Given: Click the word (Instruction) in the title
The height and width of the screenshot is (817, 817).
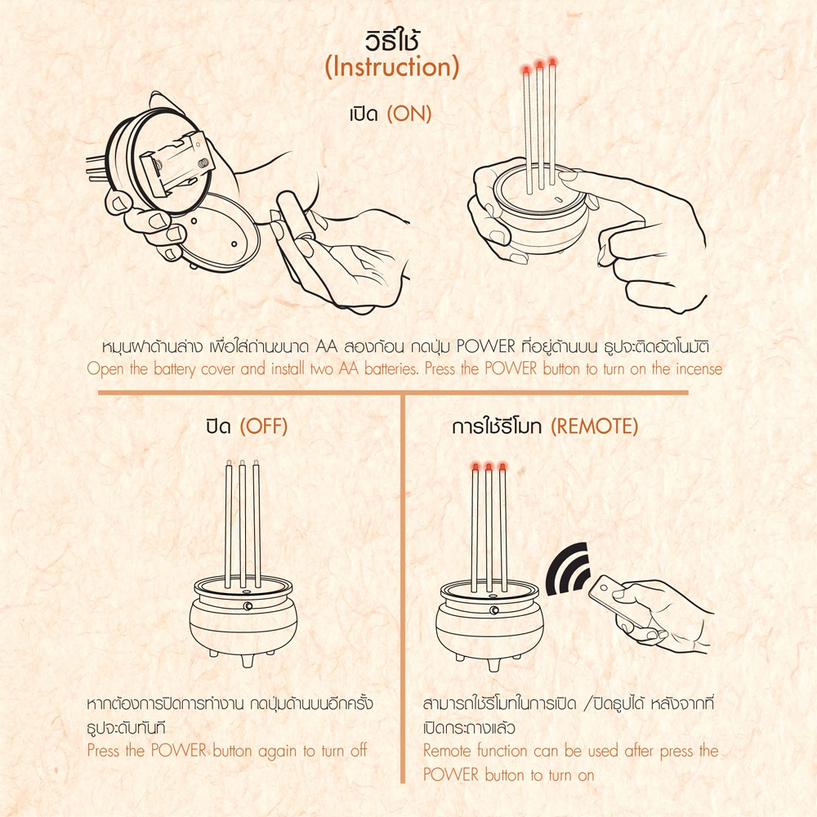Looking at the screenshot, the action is tap(392, 67).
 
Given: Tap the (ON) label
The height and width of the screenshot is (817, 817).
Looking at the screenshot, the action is tap(409, 114).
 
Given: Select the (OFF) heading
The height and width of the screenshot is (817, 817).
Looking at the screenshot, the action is tap(264, 426).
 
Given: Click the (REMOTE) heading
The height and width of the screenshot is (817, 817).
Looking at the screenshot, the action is tap(595, 426).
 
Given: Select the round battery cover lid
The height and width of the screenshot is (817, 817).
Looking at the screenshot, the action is tap(219, 233).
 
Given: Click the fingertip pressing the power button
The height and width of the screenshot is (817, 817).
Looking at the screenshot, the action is tap(566, 177).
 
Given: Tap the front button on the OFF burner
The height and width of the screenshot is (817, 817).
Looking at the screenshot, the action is tap(248, 606).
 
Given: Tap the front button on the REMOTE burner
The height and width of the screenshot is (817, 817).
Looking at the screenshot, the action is tap(494, 610).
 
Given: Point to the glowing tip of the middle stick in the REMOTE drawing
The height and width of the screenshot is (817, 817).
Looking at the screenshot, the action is tap(489, 467).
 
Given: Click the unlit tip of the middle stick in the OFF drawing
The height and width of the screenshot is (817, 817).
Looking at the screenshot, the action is tap(243, 462).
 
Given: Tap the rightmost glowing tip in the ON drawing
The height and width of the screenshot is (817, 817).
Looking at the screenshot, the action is tap(552, 62).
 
